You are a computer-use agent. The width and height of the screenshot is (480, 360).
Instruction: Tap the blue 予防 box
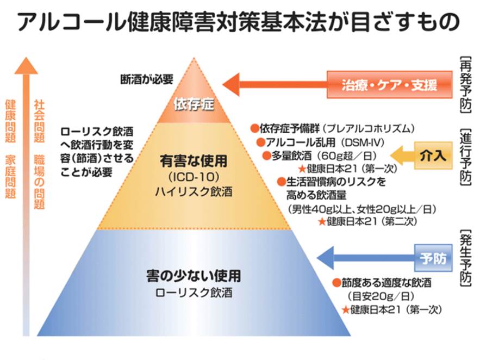433,258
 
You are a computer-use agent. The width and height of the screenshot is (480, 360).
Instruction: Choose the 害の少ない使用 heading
194,276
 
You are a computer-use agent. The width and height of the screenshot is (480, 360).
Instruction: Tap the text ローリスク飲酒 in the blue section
194,293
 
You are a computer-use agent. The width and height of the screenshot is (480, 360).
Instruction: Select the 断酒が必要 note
146,79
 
